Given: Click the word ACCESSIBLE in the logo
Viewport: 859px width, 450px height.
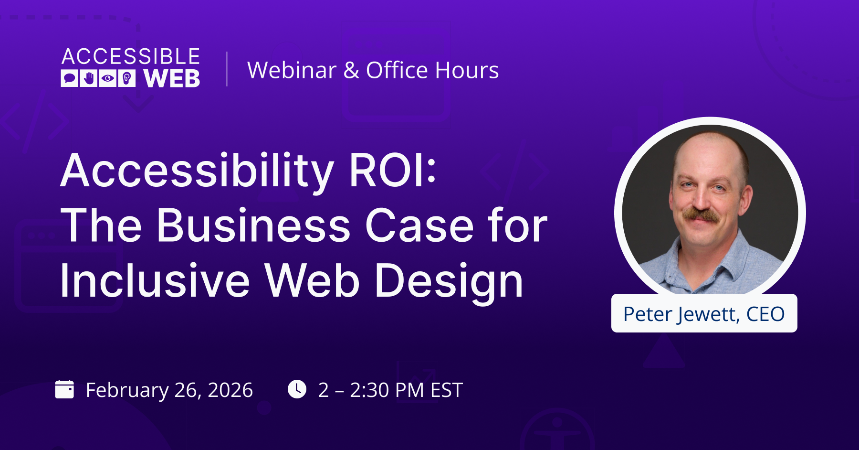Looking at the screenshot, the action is [x=131, y=56].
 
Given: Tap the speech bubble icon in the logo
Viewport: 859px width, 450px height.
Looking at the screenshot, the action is [x=70, y=78].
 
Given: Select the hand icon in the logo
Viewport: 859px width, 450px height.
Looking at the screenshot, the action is [x=89, y=78].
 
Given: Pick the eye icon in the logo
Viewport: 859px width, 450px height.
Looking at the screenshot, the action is [x=108, y=78].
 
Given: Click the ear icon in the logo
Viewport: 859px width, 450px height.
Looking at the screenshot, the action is [x=126, y=78].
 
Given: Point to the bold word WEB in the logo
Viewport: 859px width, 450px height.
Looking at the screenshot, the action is [x=172, y=78].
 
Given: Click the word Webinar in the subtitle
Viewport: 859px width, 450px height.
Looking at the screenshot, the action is [x=292, y=70].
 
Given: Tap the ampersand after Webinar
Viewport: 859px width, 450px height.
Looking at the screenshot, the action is [x=351, y=70].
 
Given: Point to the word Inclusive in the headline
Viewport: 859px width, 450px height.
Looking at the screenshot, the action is [x=155, y=280].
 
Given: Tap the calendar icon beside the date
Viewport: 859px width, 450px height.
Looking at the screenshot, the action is [x=64, y=389].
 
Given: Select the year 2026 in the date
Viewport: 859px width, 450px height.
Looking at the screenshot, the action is [x=230, y=390].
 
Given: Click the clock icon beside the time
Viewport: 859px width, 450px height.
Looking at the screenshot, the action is [x=297, y=389].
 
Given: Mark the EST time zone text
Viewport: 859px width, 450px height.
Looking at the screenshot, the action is [x=447, y=390].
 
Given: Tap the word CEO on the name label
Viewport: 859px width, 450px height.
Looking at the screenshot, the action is [x=765, y=314].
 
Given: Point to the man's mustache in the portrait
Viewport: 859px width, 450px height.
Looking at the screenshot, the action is [x=701, y=214].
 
